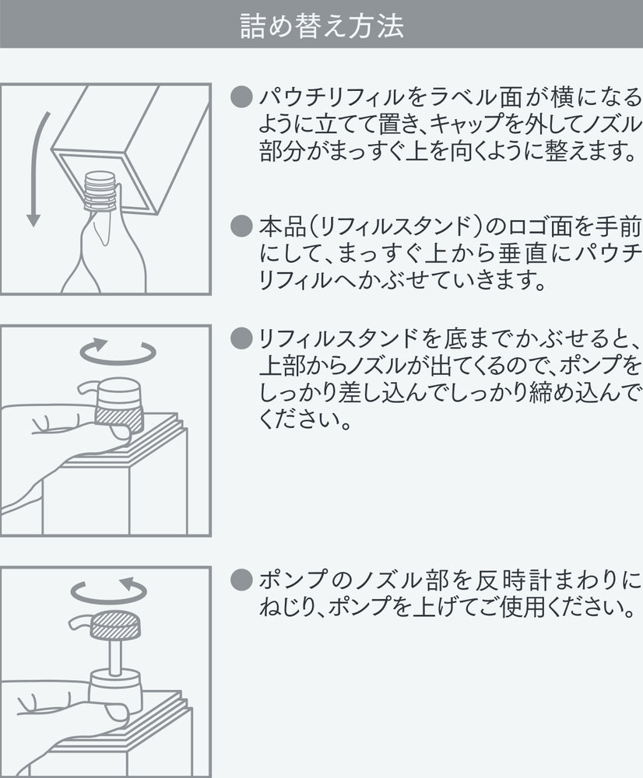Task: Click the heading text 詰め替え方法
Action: [x=321, y=25]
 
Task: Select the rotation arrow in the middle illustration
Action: [x=118, y=352]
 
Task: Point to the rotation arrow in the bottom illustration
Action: [x=108, y=591]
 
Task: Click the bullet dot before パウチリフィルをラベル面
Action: [x=244, y=97]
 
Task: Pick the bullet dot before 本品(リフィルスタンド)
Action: [x=244, y=227]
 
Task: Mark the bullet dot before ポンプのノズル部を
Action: [x=244, y=580]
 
